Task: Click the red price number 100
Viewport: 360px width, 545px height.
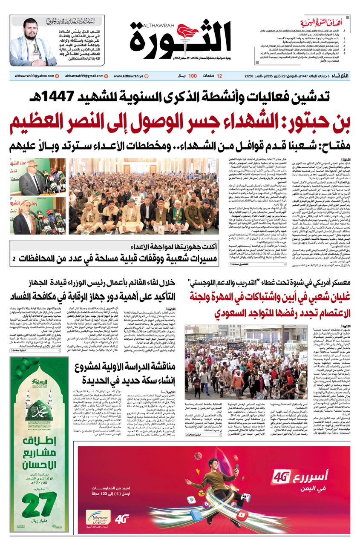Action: point(193,76)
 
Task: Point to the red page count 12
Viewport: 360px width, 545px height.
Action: point(219,76)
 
